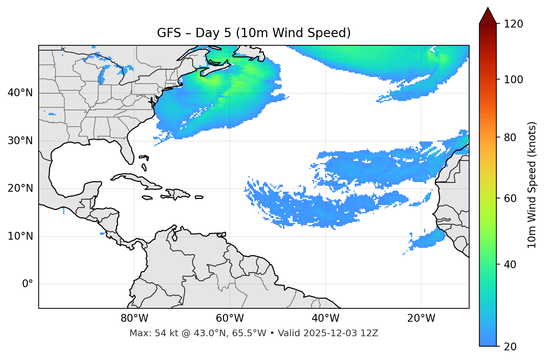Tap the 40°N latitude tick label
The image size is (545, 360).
(20, 93)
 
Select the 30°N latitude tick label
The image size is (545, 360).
(20, 141)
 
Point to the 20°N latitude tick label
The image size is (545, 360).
(20, 188)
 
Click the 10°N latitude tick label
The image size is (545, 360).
(20, 236)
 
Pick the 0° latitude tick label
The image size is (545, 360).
(27, 284)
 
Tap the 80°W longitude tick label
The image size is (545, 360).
(134, 318)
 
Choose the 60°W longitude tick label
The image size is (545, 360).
(230, 318)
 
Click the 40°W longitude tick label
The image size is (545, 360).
(325, 318)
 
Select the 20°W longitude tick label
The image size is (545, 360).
(421, 318)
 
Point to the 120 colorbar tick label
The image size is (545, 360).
(513, 24)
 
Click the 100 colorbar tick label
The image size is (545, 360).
(513, 80)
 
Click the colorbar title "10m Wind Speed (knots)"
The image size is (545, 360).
(532, 185)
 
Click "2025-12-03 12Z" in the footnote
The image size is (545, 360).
(341, 333)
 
